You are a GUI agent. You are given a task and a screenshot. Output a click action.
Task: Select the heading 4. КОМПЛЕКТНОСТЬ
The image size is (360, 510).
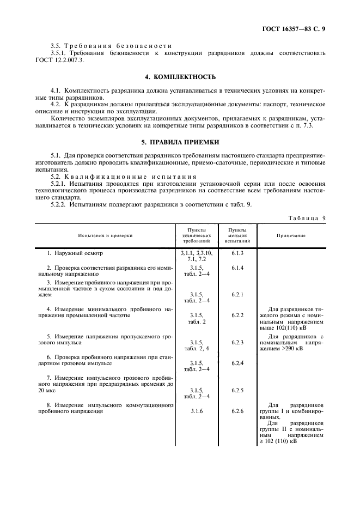click(x=180, y=76)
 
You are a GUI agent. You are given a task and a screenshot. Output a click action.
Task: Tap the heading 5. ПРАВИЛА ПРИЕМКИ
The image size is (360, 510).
click(x=180, y=142)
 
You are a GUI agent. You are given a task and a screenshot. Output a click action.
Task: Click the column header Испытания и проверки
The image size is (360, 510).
click(x=105, y=235)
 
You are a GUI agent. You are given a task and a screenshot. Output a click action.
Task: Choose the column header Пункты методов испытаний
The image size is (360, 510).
click(x=237, y=235)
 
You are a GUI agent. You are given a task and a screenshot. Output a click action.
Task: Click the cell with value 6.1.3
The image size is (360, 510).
click(x=237, y=254)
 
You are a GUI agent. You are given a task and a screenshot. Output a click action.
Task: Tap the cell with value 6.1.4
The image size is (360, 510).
click(x=237, y=268)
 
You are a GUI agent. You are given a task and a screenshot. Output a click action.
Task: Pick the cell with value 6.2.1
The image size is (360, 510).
click(x=237, y=295)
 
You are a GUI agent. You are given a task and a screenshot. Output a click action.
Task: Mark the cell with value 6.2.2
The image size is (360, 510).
click(x=237, y=315)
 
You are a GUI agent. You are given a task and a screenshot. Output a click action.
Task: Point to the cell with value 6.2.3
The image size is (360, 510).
click(x=237, y=342)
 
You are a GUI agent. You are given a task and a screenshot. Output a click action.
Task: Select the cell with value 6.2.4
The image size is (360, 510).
click(x=237, y=363)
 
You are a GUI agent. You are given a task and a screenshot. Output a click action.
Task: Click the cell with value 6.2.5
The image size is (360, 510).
click(x=237, y=390)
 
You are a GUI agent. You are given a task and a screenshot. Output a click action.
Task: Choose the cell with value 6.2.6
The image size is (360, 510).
click(x=237, y=411)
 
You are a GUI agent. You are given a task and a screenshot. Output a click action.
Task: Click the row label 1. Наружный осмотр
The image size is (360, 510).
click(x=75, y=254)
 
